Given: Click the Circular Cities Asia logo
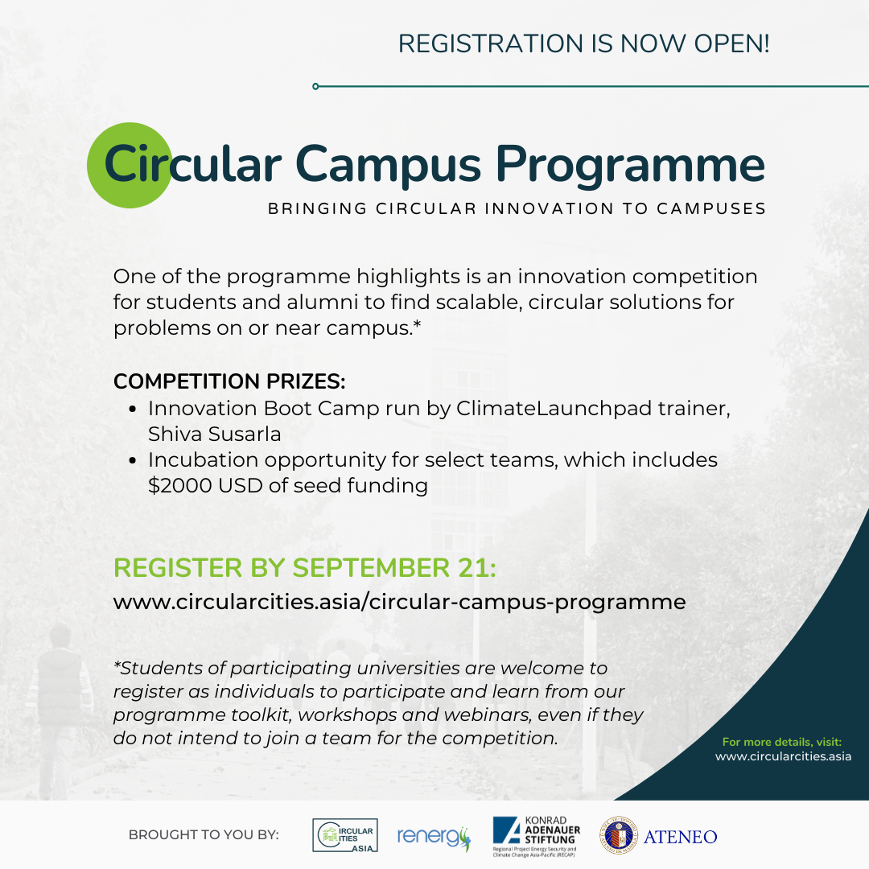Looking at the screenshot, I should coord(344,835).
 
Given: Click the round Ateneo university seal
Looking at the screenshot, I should coord(619,836).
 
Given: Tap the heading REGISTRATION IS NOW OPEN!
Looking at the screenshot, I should coord(583,43).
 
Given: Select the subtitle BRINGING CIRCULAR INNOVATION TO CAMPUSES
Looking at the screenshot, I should coord(516,209).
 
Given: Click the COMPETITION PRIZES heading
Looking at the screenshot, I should coord(229,381).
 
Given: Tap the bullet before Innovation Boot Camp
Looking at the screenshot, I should coord(134,410).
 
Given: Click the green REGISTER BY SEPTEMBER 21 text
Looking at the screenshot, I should coord(305,567).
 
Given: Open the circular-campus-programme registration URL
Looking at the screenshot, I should coord(399,602).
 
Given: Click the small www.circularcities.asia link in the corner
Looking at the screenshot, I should coord(783,756).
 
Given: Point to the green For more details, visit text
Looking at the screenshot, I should coord(781,742).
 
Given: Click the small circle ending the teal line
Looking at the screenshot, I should coord(315,86).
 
